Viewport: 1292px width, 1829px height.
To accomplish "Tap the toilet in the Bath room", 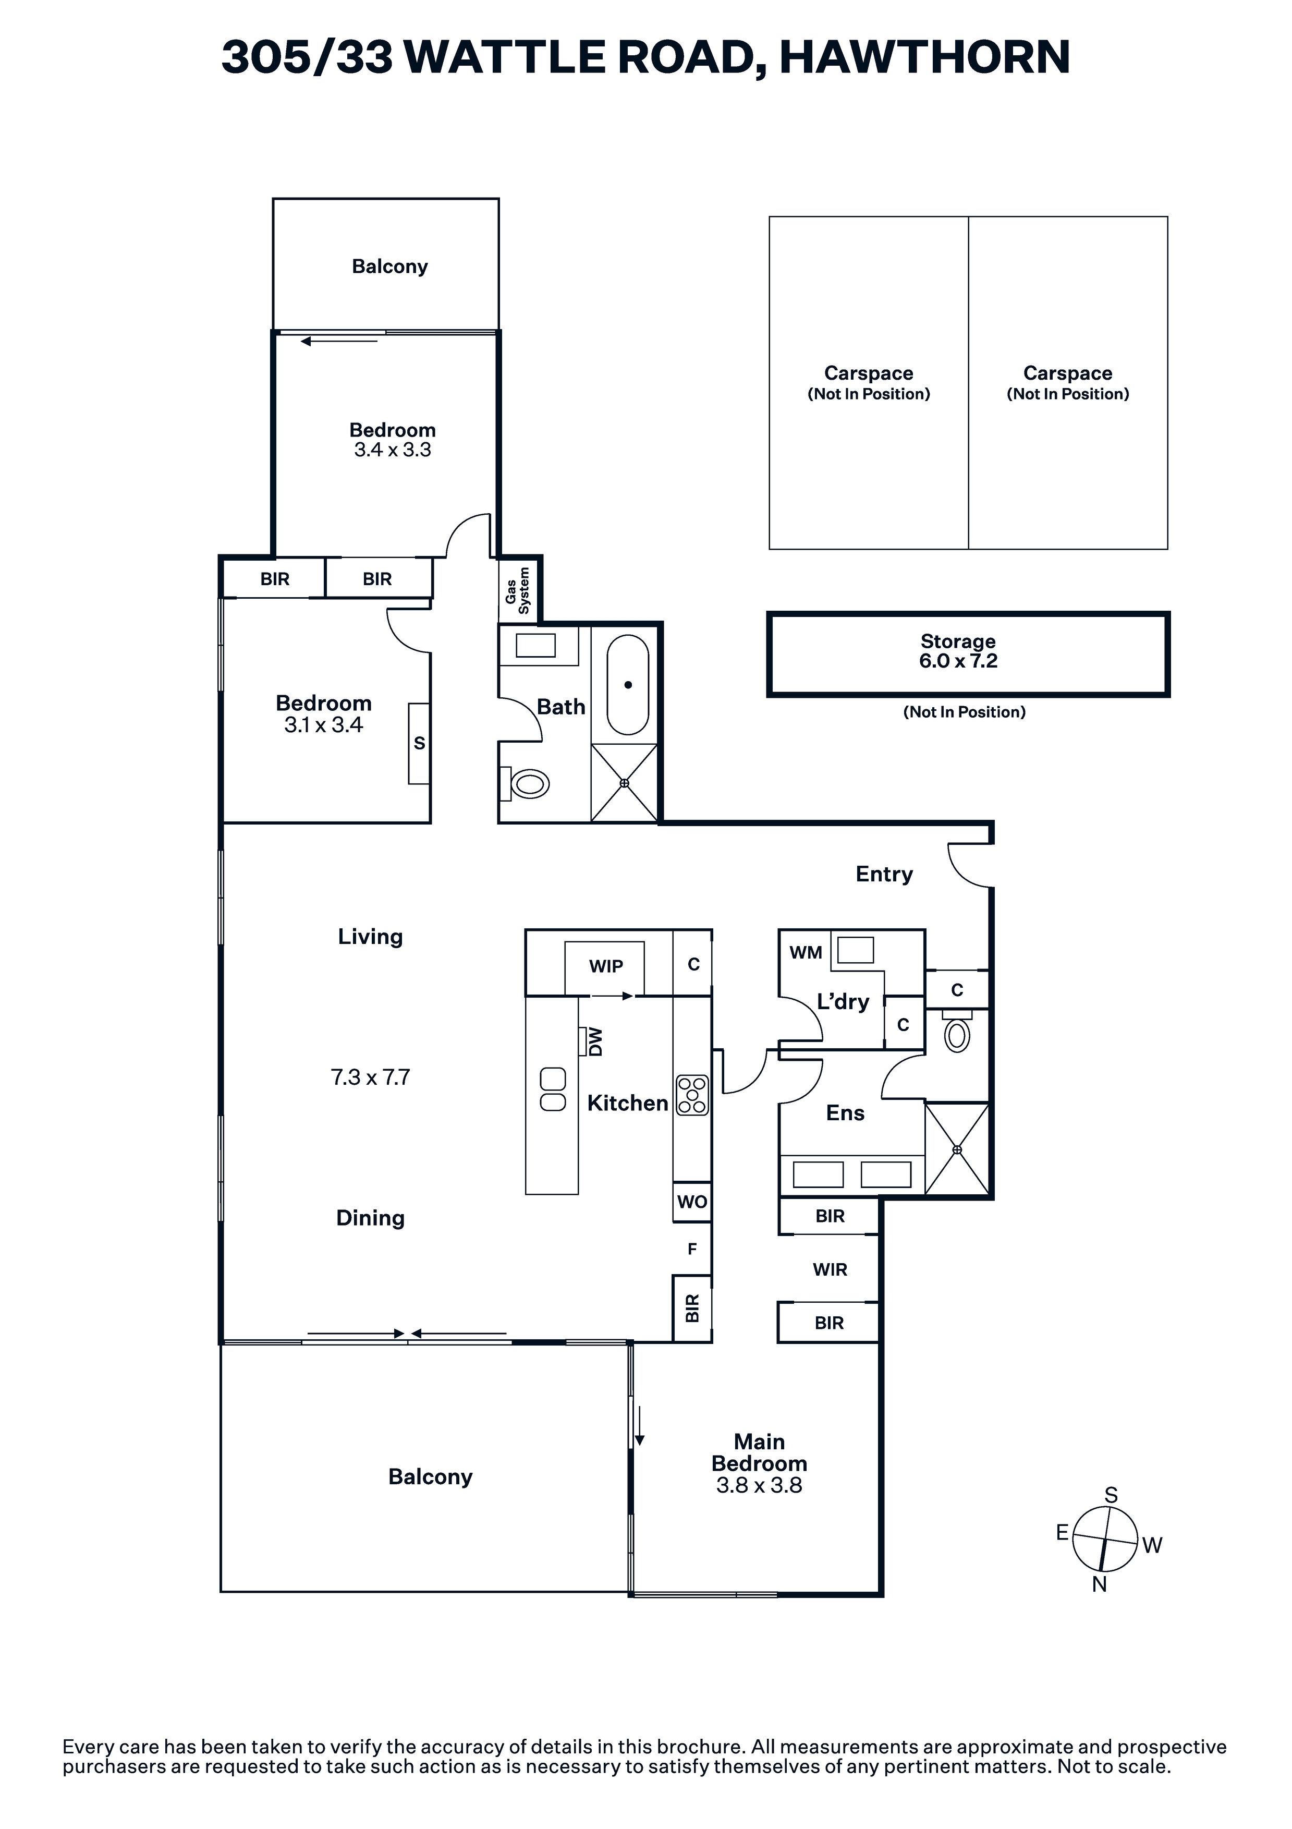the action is (526, 784).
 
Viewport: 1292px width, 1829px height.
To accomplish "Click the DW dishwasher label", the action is (595, 1042).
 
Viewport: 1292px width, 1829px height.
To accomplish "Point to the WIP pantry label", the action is (606, 966).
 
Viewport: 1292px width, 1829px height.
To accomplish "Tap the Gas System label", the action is (517, 590).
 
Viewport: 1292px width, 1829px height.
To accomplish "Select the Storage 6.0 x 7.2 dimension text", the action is (958, 661).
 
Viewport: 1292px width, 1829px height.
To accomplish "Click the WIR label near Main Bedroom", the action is (830, 1269).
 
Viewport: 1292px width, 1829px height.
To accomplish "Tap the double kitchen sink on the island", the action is (553, 1090).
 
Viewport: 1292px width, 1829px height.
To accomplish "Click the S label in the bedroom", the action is (420, 743).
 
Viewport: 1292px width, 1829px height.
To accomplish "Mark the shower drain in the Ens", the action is (957, 1149).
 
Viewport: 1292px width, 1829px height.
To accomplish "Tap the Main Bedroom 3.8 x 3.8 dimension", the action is (759, 1485).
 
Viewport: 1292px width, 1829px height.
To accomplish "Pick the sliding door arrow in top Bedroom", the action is (338, 342).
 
